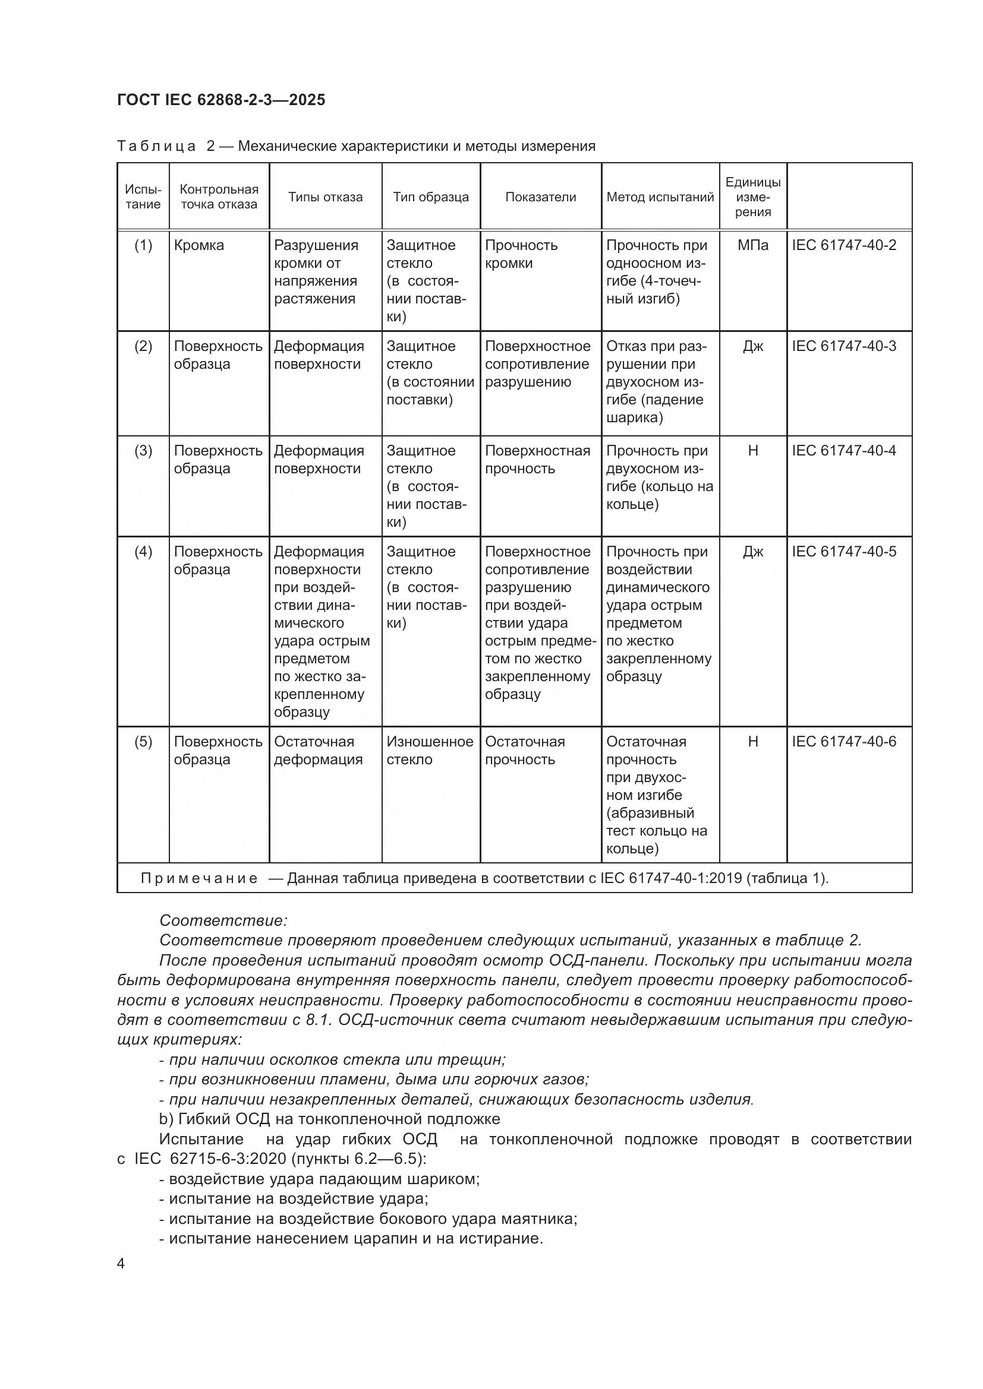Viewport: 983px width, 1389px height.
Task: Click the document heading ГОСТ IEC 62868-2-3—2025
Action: point(221,100)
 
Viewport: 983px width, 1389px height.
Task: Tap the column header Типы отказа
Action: point(325,197)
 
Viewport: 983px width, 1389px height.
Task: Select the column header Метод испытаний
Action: point(660,197)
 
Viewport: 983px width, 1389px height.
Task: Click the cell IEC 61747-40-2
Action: point(844,246)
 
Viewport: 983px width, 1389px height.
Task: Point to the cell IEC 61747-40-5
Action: point(844,552)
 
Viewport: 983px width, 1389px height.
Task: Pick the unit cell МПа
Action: point(752,246)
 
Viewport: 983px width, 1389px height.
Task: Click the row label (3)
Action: point(143,451)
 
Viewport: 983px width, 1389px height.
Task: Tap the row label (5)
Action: point(143,742)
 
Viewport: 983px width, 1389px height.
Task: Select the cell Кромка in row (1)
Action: point(199,246)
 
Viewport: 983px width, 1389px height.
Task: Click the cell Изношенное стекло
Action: point(430,750)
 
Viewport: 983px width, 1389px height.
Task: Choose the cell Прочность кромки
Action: point(521,254)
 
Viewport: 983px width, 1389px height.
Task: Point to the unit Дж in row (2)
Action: point(752,347)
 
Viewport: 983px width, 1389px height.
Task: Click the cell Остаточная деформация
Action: point(318,750)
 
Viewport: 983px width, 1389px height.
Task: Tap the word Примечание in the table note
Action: point(199,878)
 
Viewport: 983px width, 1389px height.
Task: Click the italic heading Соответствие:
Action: point(223,921)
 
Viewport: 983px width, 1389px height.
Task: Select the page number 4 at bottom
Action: point(121,1264)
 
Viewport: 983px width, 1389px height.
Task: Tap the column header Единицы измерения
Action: point(752,197)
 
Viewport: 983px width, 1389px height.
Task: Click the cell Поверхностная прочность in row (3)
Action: point(537,460)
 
